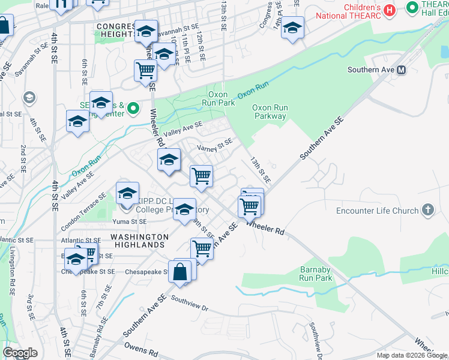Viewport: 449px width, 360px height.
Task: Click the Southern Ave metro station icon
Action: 402,70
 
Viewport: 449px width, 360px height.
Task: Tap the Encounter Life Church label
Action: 377,211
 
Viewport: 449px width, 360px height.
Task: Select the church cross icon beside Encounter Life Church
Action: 427,210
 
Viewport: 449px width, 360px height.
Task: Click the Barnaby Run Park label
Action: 316,274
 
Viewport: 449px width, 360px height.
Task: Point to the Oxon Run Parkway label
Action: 270,112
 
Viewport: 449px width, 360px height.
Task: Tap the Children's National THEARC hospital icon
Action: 390,10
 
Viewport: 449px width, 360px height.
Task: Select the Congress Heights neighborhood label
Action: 116,30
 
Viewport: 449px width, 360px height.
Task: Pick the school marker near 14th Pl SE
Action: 292,28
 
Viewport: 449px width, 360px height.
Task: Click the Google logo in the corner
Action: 20,353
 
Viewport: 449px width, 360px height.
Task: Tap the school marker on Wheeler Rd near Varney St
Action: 169,160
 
